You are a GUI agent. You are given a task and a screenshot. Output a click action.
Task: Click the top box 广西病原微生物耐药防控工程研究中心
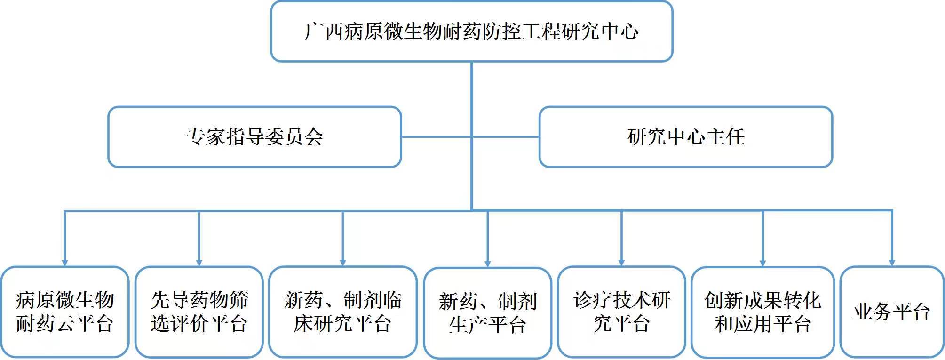click(x=471, y=32)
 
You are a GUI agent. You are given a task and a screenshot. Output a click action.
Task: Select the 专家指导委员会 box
click(x=254, y=137)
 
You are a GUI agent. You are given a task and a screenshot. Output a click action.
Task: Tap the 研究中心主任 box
click(x=686, y=137)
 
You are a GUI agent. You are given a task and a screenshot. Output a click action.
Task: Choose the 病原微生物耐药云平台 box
click(x=65, y=312)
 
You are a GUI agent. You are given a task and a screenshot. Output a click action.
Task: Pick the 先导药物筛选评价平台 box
click(x=199, y=312)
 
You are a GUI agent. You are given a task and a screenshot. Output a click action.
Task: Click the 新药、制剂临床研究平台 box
click(x=343, y=312)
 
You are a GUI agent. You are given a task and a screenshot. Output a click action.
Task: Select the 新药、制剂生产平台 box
click(x=488, y=313)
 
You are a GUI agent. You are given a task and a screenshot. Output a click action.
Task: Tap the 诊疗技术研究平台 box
click(x=621, y=312)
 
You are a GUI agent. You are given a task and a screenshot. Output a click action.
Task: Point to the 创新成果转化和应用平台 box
click(x=763, y=312)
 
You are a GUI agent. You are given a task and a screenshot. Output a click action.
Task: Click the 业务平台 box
click(x=892, y=312)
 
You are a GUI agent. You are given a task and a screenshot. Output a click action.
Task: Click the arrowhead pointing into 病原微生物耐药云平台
click(x=65, y=263)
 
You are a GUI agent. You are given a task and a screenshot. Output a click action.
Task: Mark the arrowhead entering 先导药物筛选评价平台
click(x=199, y=263)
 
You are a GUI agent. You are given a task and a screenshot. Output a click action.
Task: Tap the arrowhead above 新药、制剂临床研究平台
click(x=343, y=263)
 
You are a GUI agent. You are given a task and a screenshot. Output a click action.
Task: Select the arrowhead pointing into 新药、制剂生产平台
click(x=488, y=264)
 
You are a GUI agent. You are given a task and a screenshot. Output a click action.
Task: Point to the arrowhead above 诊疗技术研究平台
click(x=621, y=263)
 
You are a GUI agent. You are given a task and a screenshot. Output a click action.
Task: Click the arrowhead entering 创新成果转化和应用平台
click(x=763, y=263)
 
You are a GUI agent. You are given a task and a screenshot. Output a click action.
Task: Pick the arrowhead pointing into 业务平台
click(x=892, y=263)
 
